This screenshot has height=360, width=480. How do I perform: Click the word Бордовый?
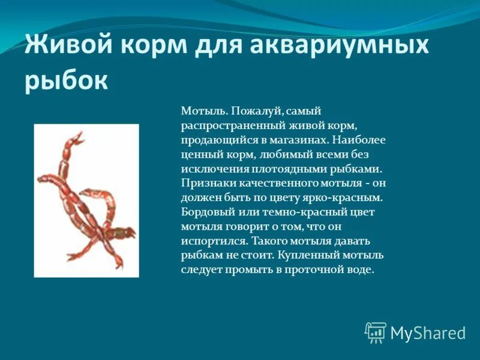(206, 212)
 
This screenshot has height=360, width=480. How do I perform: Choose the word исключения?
(211, 169)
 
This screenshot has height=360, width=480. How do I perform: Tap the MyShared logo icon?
(376, 332)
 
